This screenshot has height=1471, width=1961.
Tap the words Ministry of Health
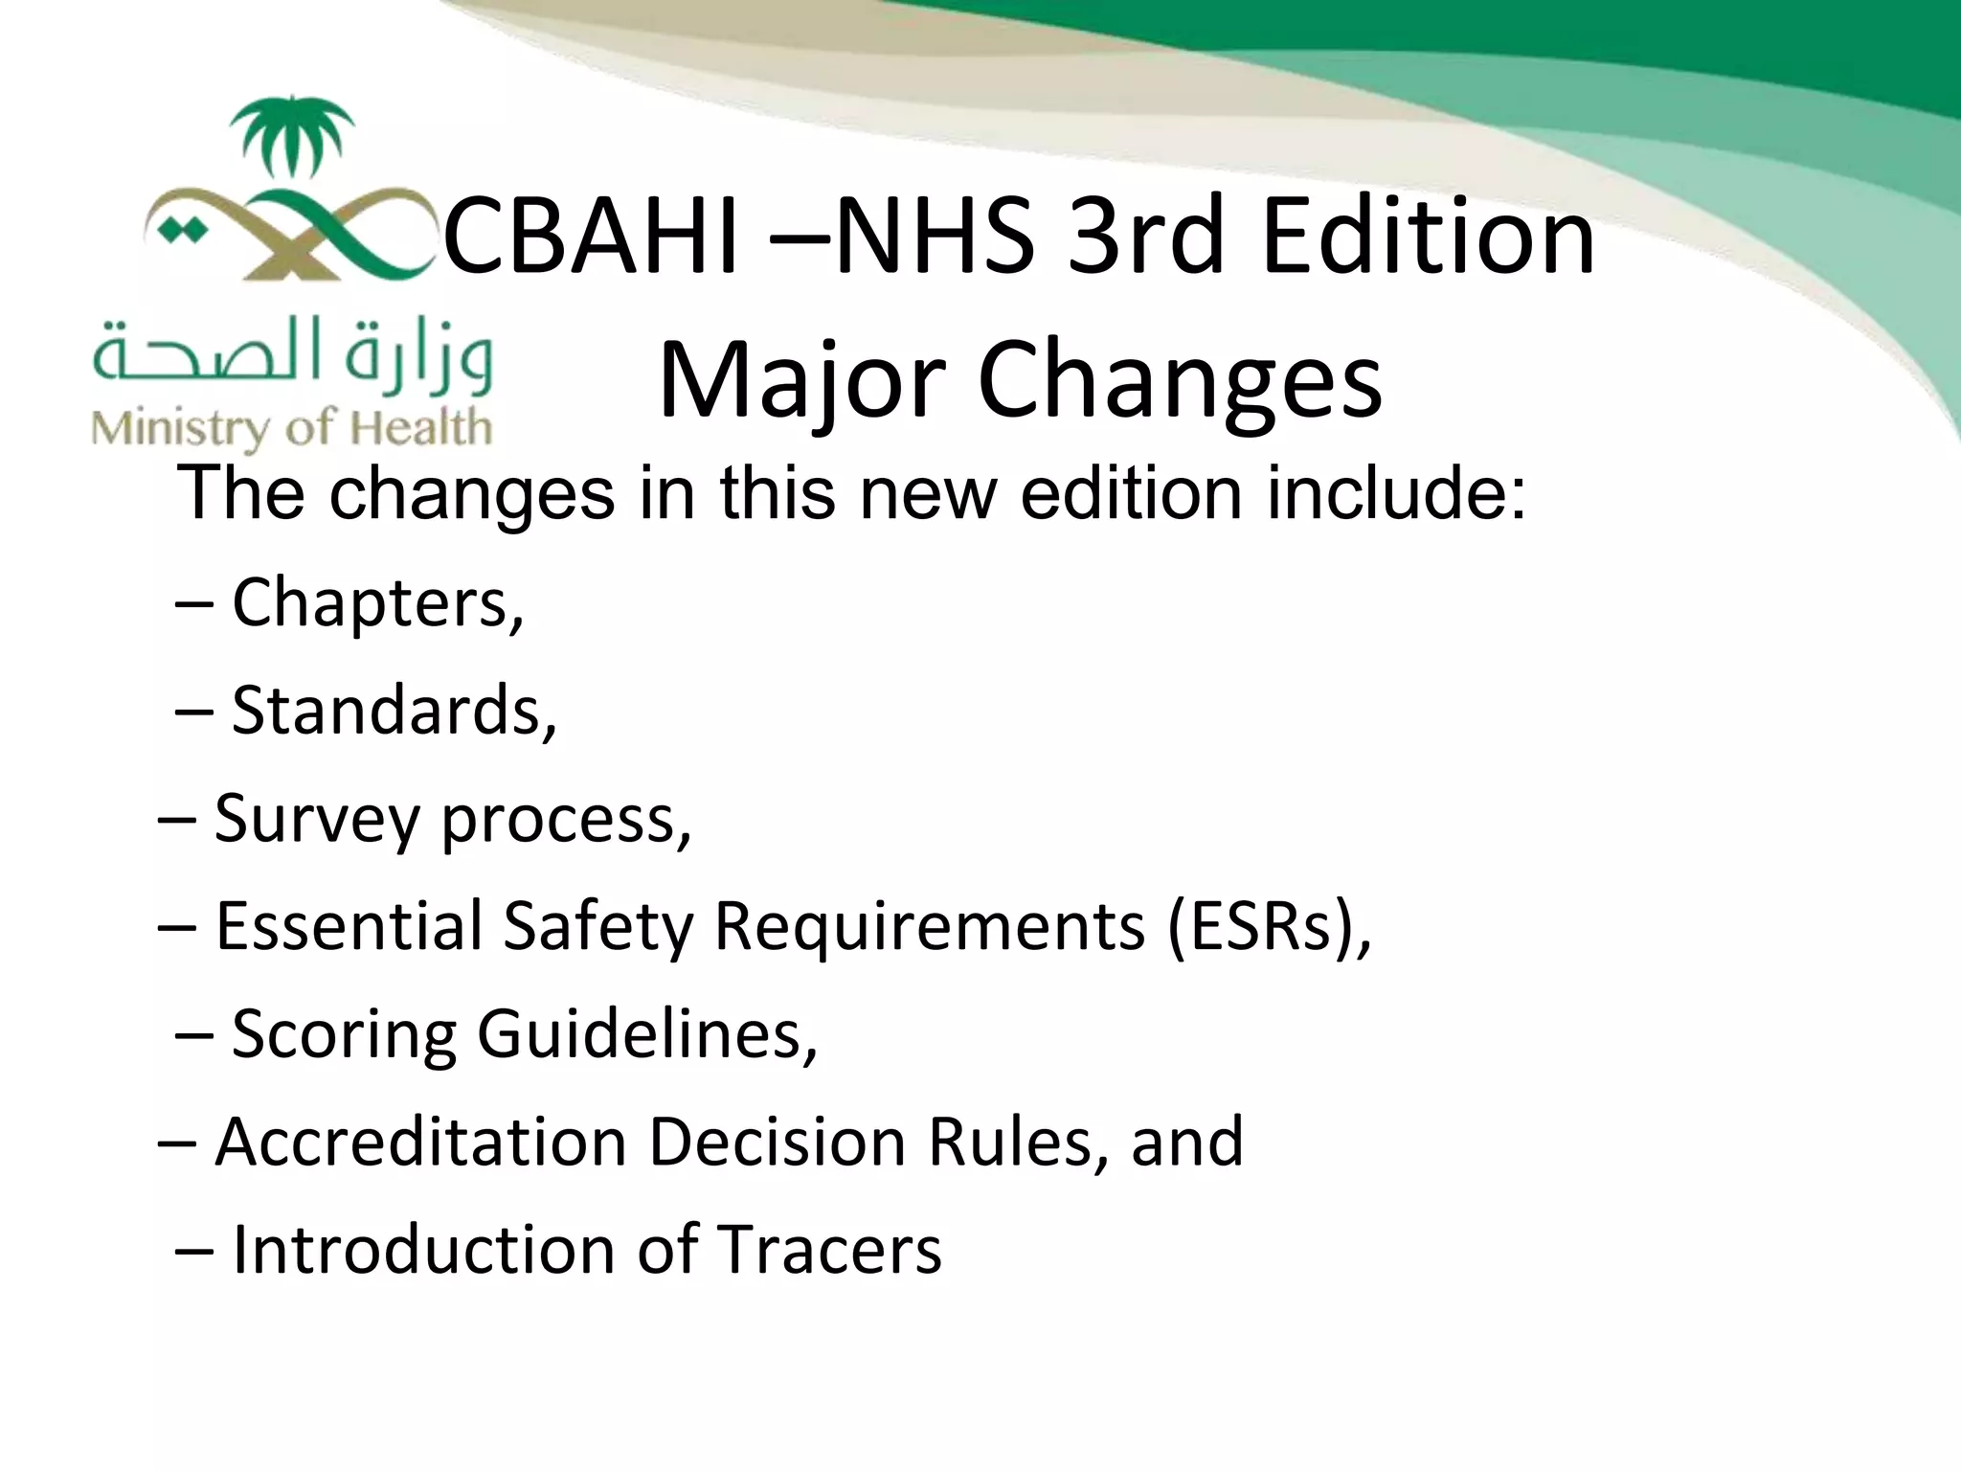292,427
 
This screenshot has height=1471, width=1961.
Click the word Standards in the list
393,712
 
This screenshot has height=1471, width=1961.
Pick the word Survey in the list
317,821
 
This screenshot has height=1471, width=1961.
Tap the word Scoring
344,1035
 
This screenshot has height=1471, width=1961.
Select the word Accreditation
420,1143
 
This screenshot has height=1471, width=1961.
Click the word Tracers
829,1251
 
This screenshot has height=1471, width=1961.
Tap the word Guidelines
647,1035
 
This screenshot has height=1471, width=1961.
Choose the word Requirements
929,927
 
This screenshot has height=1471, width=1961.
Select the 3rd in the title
1145,237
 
